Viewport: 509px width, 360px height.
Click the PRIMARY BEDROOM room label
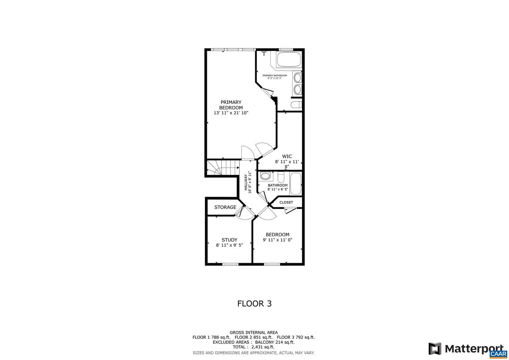[231, 105]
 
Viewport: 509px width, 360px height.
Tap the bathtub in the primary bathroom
[289, 59]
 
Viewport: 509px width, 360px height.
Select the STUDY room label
[229, 240]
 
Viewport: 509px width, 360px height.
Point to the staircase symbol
[223, 168]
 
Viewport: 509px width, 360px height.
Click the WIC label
[287, 156]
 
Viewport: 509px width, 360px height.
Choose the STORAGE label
[225, 207]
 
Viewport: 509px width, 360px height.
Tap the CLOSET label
[286, 202]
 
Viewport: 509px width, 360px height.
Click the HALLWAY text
[246, 182]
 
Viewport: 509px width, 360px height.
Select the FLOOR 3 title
[254, 304]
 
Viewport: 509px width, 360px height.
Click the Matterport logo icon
[435, 349]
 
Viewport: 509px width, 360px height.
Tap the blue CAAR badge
[498, 354]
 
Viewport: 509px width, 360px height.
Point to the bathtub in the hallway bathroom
[296, 184]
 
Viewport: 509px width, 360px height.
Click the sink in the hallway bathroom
[265, 176]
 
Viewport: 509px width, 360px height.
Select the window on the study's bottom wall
[230, 264]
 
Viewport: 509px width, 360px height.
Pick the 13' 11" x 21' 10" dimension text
[231, 113]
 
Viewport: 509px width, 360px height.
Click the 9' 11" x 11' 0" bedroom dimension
[277, 240]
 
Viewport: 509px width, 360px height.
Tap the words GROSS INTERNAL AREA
[253, 332]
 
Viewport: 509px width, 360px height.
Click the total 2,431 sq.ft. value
[263, 347]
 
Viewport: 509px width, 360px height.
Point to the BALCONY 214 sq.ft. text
[275, 342]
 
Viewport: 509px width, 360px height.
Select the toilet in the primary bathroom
[296, 105]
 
